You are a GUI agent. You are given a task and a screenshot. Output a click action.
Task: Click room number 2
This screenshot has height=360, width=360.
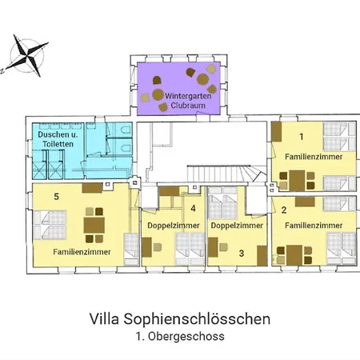point(285,210)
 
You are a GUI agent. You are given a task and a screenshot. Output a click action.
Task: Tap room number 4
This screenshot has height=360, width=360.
point(193,210)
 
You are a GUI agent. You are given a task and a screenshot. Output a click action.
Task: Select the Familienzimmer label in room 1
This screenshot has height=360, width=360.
point(314,158)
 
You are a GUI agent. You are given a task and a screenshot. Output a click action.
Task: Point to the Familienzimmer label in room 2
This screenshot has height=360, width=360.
point(314,225)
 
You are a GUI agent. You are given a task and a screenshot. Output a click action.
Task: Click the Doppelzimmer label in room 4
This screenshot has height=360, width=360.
point(172,226)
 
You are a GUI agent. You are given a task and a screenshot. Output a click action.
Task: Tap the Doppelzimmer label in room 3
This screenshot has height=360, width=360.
point(237,226)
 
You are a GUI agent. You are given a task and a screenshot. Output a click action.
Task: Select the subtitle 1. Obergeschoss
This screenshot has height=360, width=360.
point(179,338)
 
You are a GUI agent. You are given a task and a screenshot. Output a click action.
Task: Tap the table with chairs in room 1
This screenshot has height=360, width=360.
point(298,178)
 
